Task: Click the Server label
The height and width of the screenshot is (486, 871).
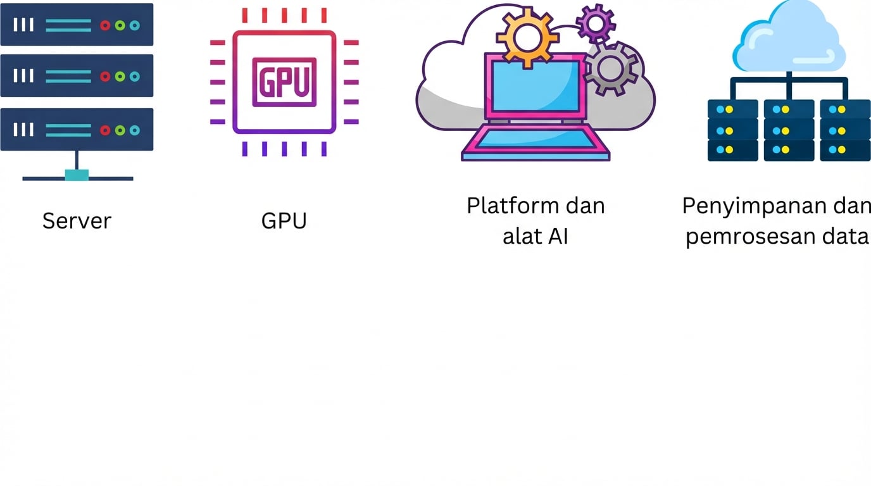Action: [77, 221]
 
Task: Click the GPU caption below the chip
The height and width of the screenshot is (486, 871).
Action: [284, 221]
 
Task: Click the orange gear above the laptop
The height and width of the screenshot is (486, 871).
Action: [527, 37]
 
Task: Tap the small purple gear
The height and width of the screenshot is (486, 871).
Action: [596, 23]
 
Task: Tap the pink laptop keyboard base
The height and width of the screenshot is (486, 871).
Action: [536, 142]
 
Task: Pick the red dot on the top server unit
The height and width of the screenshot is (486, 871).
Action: [105, 25]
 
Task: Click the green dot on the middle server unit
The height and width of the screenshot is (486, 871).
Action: [120, 77]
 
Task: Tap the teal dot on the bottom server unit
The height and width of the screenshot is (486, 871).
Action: [134, 130]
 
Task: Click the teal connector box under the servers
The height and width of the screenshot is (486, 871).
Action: [77, 175]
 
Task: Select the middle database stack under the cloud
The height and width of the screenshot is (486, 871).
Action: [789, 130]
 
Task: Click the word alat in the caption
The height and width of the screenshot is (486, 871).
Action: [520, 237]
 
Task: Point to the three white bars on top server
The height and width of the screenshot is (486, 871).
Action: [23, 25]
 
